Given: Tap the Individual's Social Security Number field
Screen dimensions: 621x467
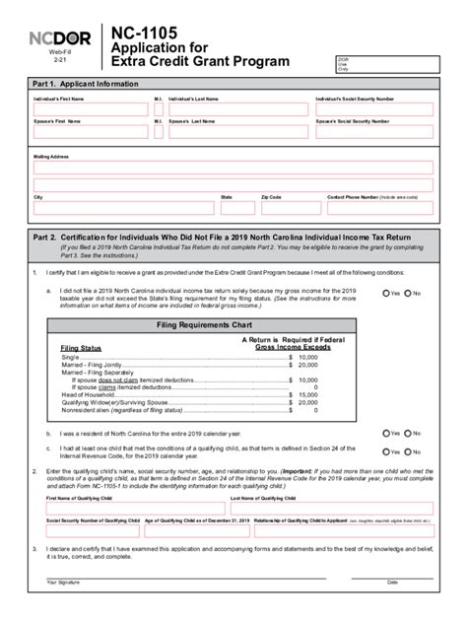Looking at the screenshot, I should click(375, 108).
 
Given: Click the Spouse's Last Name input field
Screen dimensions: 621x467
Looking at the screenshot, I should click(237, 131).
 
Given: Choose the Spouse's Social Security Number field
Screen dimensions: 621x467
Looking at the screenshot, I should click(375, 131).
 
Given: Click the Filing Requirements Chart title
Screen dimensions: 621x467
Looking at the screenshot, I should click(233, 324).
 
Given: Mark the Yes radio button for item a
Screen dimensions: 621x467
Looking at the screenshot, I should click(387, 293).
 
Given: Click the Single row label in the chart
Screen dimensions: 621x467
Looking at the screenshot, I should click(72, 357).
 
